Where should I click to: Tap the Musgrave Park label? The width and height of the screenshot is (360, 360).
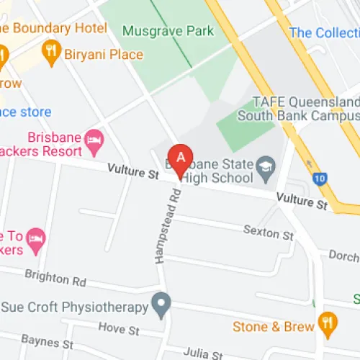pos(168,31)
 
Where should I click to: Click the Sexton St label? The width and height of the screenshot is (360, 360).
pos(269,235)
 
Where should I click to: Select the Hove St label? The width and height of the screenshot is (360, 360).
pos(119,329)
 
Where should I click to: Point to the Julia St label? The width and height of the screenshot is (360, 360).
pos(202,354)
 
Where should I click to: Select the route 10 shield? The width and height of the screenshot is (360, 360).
pos(319,177)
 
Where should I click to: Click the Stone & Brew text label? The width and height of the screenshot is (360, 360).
pos(274,327)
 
